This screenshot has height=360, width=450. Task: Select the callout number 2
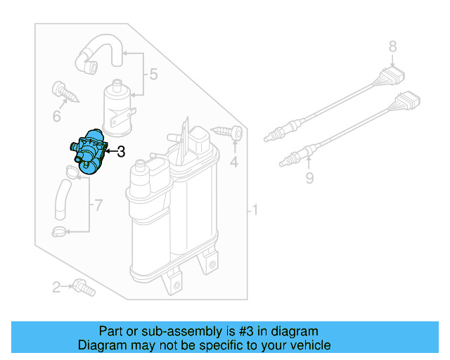57,287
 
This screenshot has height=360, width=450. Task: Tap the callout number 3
121,151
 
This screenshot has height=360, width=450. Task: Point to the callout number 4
235,164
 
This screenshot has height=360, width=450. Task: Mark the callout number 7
98,205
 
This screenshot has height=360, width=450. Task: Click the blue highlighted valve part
88,153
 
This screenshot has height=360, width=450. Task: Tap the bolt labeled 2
82,287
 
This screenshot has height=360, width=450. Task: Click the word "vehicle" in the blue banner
307,345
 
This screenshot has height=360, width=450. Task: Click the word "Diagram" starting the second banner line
101,345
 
